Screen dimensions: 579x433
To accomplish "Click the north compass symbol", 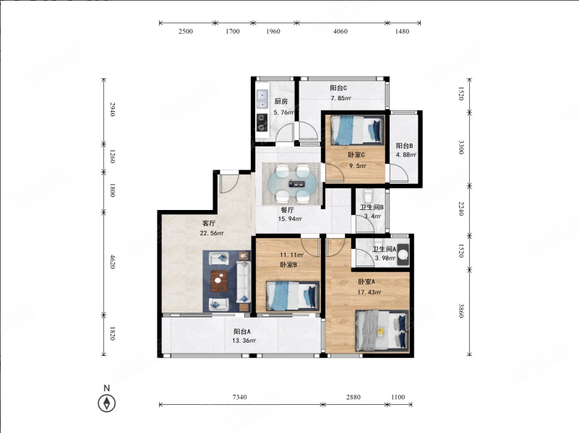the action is tap(107, 403).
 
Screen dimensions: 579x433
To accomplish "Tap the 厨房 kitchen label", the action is tap(281, 102).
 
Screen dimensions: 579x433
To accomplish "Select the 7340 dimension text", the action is tap(240, 397).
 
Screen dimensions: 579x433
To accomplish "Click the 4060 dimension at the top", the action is tap(340, 31).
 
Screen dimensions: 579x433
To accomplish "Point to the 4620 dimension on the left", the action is tap(113, 261).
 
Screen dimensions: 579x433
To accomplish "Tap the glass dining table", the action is tap(292, 183).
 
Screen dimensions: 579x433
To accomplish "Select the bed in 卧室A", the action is tap(382, 331).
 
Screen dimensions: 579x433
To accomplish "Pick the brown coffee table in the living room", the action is tap(218, 281).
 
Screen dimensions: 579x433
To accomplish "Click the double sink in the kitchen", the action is tap(262, 100).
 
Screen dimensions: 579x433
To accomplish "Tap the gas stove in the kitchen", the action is tap(262, 123).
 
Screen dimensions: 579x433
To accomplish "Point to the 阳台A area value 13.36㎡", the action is tap(244, 341).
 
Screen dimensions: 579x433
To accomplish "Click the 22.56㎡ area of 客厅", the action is tap(212, 233).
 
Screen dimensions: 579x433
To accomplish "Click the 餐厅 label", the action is tap(287, 210).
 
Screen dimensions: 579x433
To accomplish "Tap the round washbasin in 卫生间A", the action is tap(403, 254).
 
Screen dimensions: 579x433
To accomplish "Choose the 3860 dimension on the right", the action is tap(461, 310).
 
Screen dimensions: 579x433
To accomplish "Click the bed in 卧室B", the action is tap(293, 296).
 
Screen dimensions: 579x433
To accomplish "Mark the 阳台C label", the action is tap(338, 88).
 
